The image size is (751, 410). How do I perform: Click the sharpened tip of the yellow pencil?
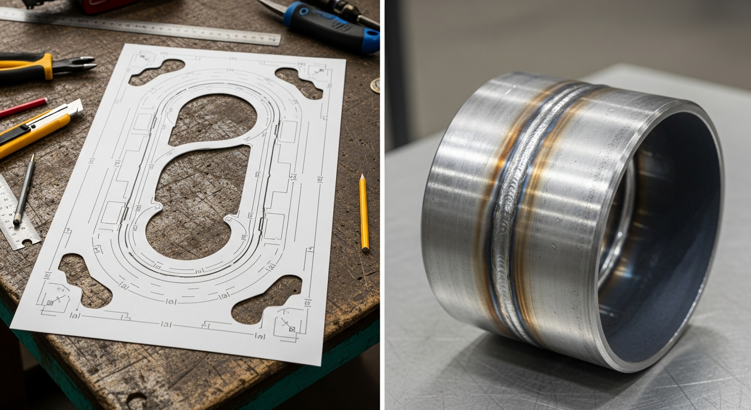[362, 177]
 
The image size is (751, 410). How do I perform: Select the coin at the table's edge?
[376, 85]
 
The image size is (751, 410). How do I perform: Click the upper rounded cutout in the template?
[213, 120]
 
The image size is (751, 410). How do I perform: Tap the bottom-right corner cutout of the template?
[267, 299]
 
